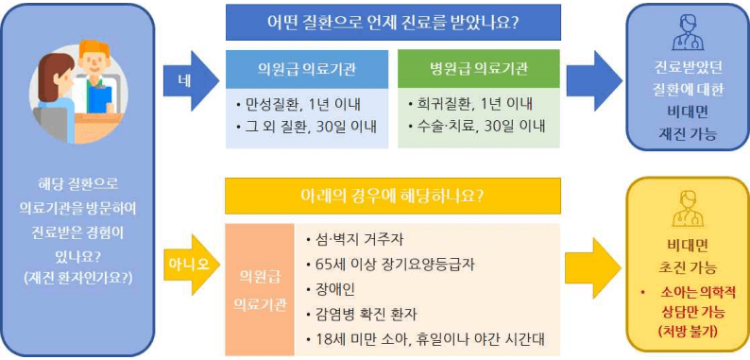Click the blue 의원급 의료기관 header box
coord(306,69)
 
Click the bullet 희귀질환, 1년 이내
coord(468,102)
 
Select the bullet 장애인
coord(329,288)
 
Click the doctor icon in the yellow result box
coord(686,210)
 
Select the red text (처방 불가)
coord(687,331)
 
